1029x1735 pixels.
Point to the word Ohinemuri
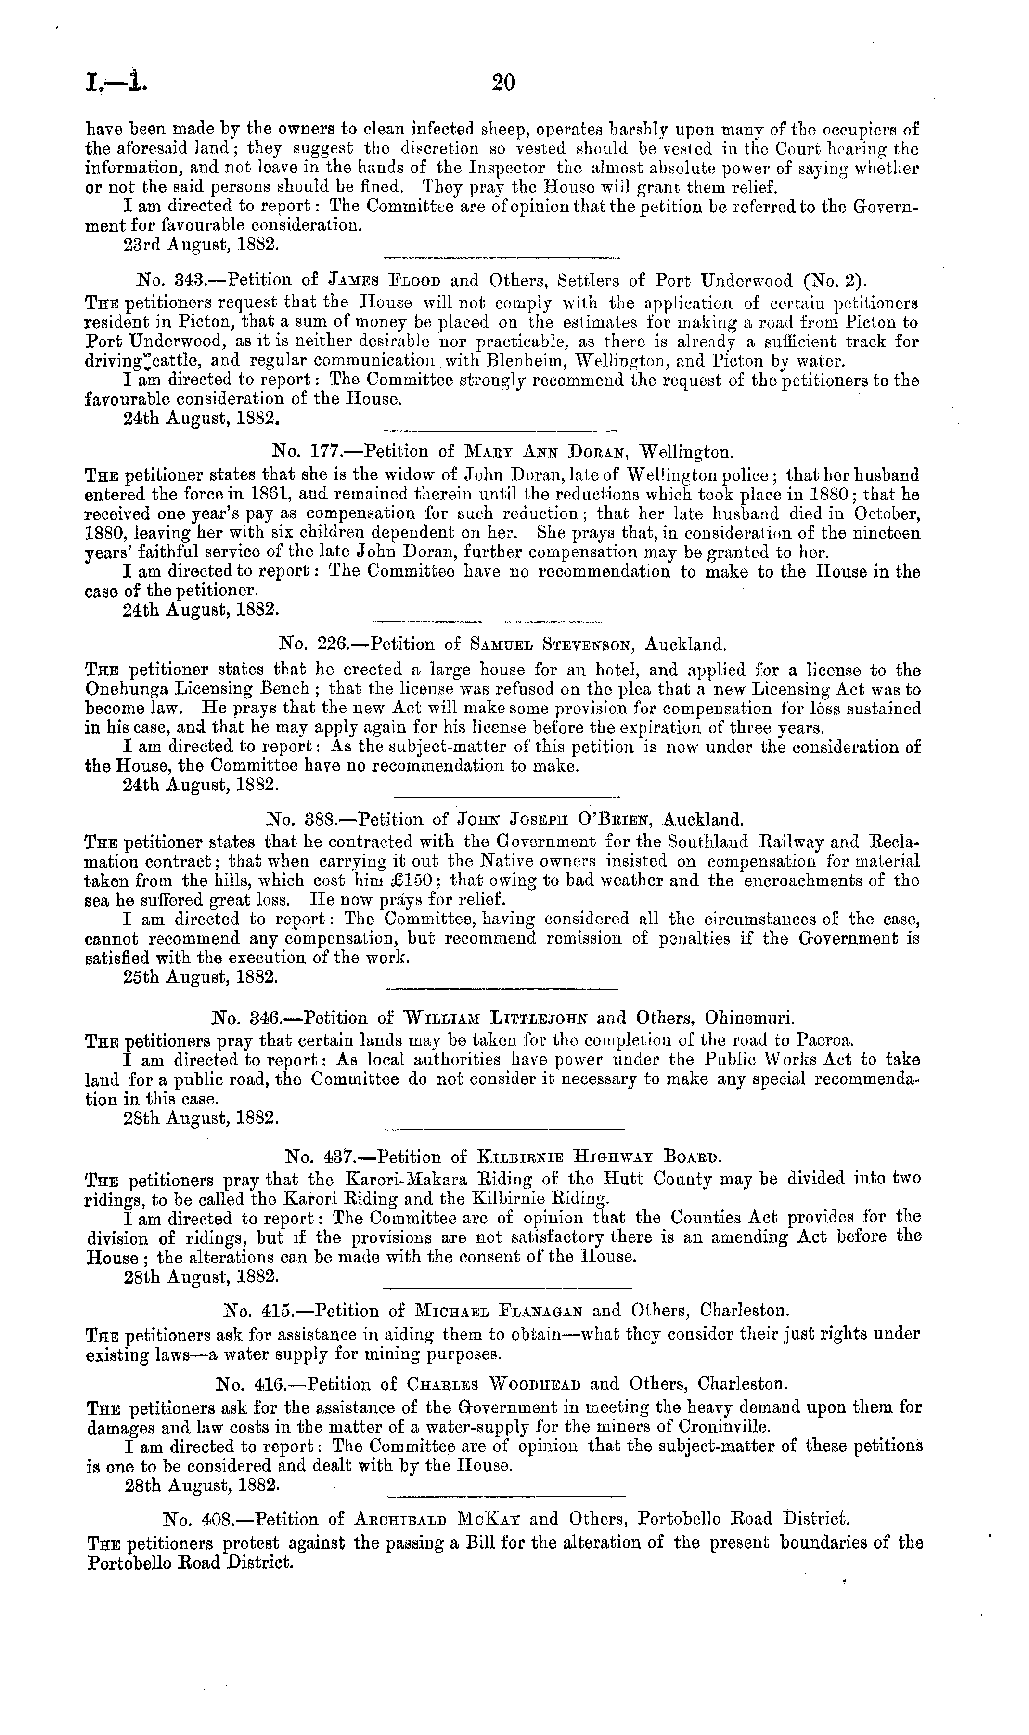pos(749,1018)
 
